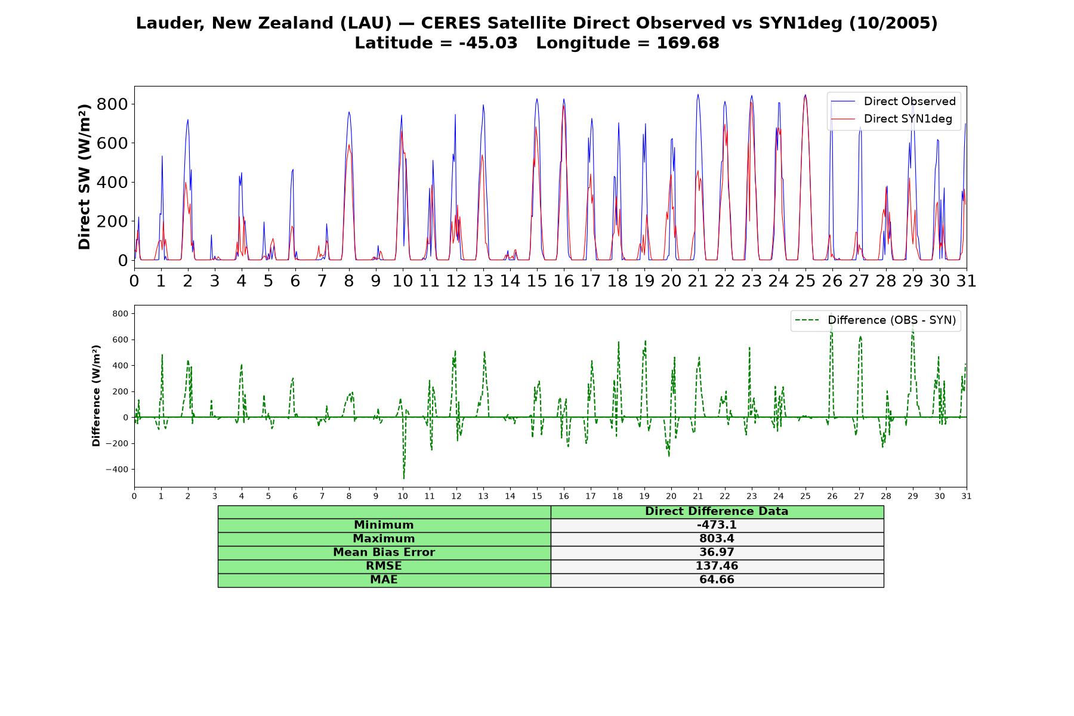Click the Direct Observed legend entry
point(894,101)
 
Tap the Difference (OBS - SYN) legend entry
point(875,320)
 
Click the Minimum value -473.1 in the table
point(717,525)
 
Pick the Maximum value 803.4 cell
point(717,539)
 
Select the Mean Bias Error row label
point(384,553)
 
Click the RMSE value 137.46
point(717,566)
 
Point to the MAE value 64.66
point(717,580)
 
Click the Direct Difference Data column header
point(717,511)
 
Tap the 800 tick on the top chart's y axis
point(113,104)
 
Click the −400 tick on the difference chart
point(117,470)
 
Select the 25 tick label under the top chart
point(805,281)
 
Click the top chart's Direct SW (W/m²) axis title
point(84,177)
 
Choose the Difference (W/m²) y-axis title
point(96,396)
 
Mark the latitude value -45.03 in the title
point(488,43)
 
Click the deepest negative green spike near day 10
point(404,478)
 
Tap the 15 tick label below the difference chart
point(536,496)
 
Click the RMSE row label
point(384,566)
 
